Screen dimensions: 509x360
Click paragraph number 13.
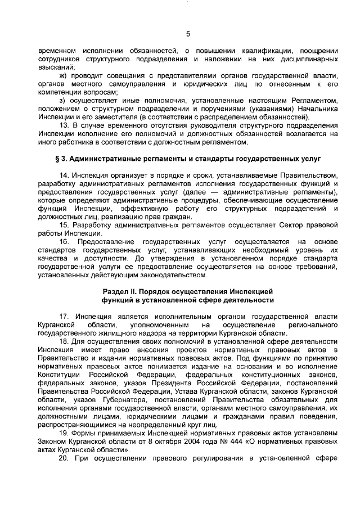64,125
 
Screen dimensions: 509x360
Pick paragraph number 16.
64,242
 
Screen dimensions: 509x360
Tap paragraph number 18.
64,342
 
